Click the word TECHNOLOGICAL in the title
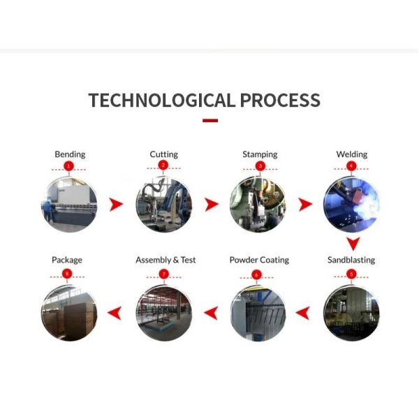(x=162, y=100)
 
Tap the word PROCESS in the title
(x=280, y=100)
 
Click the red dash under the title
(x=210, y=121)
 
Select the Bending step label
(x=70, y=154)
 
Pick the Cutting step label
(x=164, y=154)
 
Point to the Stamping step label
(x=260, y=154)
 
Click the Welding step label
(x=352, y=154)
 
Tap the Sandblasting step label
(x=351, y=260)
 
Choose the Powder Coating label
(x=259, y=260)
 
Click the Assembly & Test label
(x=166, y=260)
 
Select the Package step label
(x=67, y=260)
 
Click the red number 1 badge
(x=68, y=166)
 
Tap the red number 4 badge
(x=351, y=166)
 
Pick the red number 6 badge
(x=256, y=274)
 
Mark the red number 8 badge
(x=67, y=274)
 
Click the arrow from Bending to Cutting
(x=116, y=205)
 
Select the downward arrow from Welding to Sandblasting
(x=353, y=244)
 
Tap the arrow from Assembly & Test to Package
(x=115, y=313)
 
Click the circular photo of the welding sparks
(x=351, y=205)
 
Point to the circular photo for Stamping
(x=258, y=205)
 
